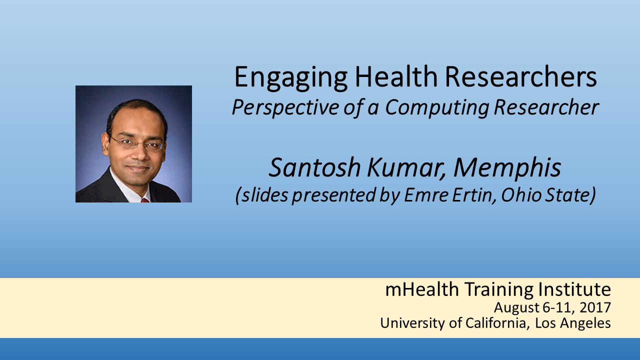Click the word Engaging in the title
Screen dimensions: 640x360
pos(291,77)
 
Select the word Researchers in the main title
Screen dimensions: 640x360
pos(521,76)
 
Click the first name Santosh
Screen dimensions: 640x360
pos(314,167)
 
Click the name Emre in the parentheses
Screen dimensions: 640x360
pos(426,195)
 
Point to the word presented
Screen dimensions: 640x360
pos(333,195)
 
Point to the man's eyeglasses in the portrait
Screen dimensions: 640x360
pos(136,143)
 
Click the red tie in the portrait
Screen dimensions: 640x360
pos(145,200)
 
